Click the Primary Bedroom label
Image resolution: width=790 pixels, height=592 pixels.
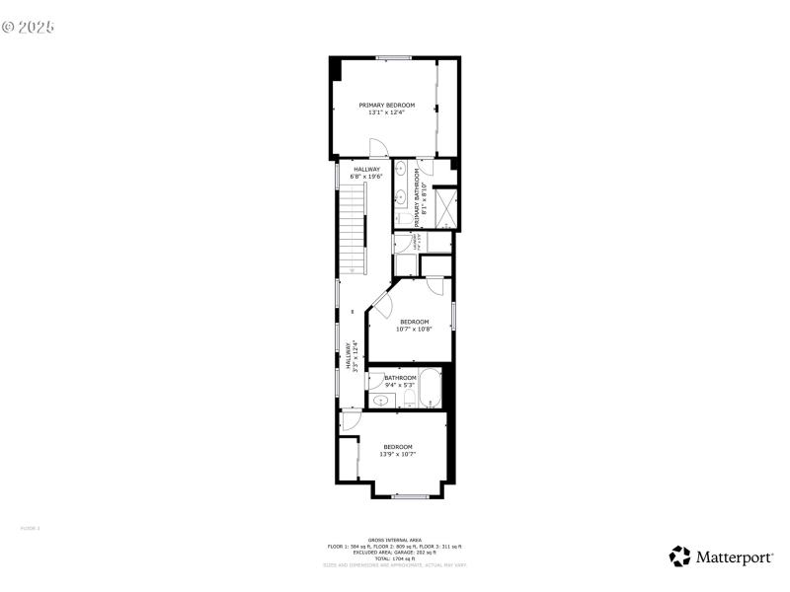[386, 105]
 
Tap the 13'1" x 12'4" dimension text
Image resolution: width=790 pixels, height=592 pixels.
[386, 112]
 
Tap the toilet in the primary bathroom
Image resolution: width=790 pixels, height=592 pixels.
[404, 218]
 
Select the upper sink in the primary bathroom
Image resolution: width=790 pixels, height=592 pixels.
[403, 173]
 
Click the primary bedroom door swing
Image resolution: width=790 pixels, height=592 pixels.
[377, 148]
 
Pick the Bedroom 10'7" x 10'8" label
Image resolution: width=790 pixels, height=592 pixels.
[414, 325]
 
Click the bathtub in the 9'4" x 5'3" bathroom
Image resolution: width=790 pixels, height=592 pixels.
[430, 390]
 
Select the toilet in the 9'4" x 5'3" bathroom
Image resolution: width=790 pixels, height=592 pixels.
[406, 398]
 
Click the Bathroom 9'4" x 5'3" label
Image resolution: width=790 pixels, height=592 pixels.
[400, 381]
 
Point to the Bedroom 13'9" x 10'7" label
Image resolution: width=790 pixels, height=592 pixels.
[397, 450]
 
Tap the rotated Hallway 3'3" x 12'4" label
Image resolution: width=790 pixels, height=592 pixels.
[349, 355]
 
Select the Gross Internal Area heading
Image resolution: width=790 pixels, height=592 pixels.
[395, 540]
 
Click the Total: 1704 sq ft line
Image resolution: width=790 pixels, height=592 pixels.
[395, 557]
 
